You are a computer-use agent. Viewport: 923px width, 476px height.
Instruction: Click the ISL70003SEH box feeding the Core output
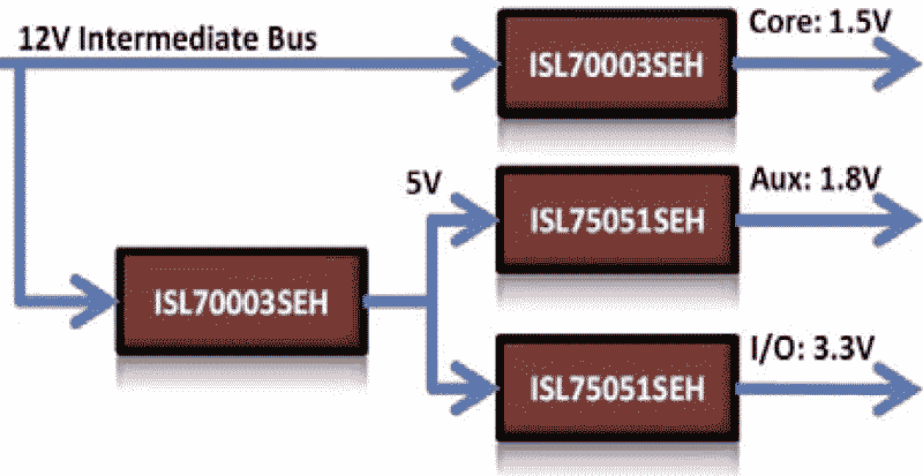click(x=616, y=64)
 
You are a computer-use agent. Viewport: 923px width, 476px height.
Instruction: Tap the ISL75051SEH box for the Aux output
click(x=616, y=220)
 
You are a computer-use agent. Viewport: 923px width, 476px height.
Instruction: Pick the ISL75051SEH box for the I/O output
click(x=616, y=388)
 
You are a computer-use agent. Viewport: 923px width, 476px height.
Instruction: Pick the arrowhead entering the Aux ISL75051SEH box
click(x=474, y=212)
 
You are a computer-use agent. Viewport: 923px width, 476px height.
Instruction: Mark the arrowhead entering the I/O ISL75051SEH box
click(x=474, y=382)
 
